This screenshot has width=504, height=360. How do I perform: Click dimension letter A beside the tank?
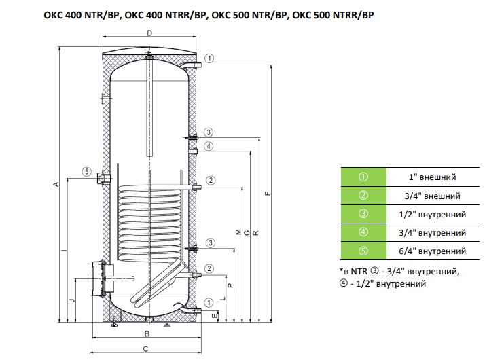click(58, 184)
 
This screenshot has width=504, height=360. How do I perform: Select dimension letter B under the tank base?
click(146, 334)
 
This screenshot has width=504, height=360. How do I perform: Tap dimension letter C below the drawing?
click(146, 348)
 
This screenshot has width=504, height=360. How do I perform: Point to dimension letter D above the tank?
click(149, 33)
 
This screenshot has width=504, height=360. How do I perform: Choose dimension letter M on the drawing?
click(237, 233)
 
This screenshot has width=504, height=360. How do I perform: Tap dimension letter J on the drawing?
click(71, 298)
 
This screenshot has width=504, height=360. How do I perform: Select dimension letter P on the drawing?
click(231, 286)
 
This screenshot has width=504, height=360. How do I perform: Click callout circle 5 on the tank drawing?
click(86, 171)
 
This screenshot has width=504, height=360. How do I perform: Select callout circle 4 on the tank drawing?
click(210, 146)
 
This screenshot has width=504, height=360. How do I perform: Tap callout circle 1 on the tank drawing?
click(210, 58)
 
